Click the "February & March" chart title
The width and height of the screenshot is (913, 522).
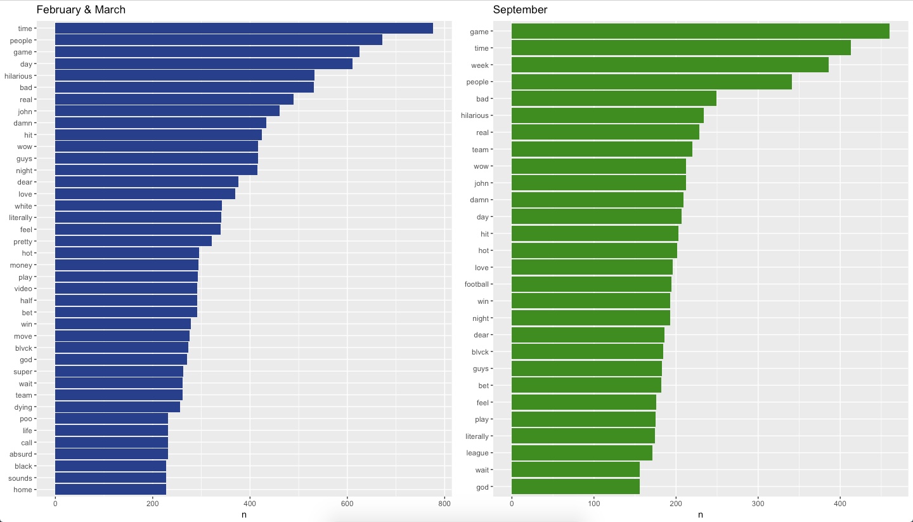(x=81, y=10)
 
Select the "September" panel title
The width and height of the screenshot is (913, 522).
(x=520, y=10)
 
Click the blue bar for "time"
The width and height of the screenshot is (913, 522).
(x=243, y=29)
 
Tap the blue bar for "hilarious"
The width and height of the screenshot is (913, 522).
(x=185, y=76)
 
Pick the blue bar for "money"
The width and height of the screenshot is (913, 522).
(x=127, y=265)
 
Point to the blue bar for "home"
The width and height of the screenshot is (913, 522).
(x=110, y=490)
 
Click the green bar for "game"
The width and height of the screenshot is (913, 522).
(x=700, y=32)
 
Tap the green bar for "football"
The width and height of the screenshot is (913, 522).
(x=591, y=284)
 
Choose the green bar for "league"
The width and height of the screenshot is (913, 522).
(x=581, y=453)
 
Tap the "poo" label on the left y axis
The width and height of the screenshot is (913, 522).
(x=26, y=419)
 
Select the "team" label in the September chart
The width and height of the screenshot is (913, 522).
(x=480, y=150)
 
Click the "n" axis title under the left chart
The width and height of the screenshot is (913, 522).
(x=243, y=515)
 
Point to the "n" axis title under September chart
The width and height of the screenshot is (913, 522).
(x=700, y=515)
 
